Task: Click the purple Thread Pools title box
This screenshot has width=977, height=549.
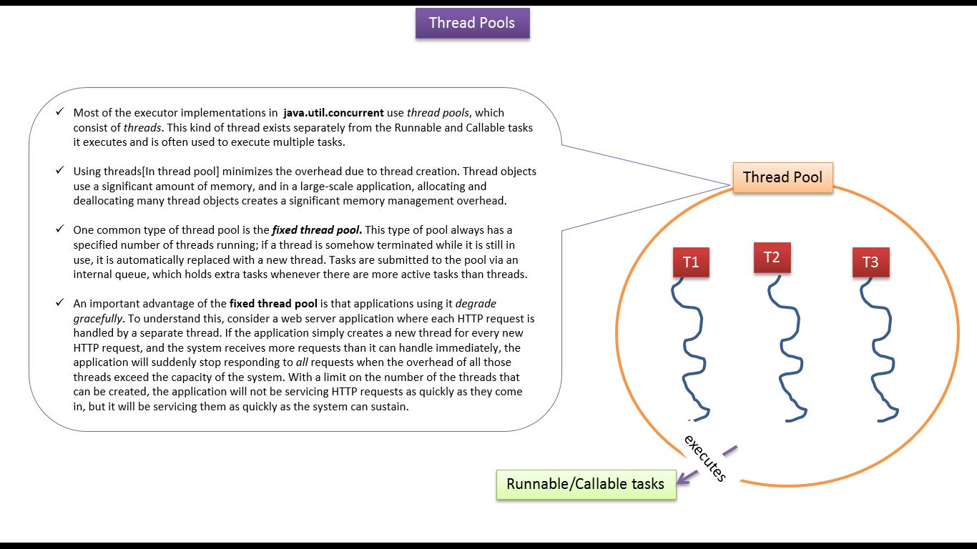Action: pos(472,23)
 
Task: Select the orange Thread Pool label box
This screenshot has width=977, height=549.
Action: pos(782,177)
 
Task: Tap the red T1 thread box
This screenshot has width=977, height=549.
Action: pos(690,262)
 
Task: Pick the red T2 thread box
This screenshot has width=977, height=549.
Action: pos(771,257)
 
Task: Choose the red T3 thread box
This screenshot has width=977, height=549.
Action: pos(870,262)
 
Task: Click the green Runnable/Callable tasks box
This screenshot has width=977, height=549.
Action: pos(585,484)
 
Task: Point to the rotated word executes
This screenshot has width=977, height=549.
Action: pos(705,458)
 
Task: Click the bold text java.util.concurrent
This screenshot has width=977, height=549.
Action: pos(333,113)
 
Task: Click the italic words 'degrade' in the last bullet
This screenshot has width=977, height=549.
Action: pos(476,304)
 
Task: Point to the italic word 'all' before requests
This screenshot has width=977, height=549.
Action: pos(302,362)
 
